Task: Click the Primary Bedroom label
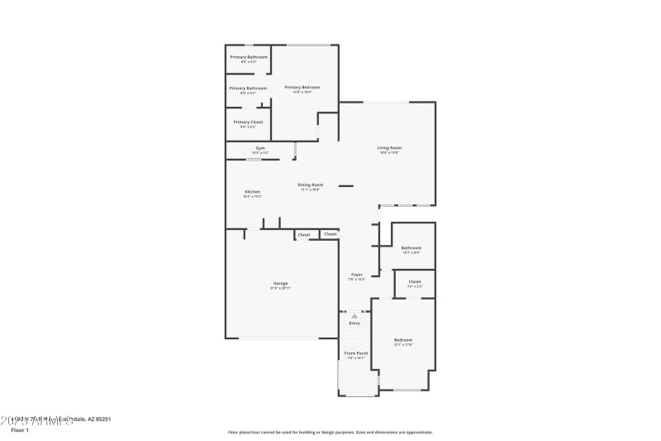pos(302,88)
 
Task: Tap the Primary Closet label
pos(248,122)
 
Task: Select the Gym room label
pos(260,149)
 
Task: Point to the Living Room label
pos(389,149)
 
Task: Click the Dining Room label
pos(311,185)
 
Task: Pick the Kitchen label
pos(252,193)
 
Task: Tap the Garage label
pos(279,285)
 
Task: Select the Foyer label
pos(357,275)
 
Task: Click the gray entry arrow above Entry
pos(354,316)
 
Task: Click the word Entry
pos(354,324)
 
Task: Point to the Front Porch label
pos(356,354)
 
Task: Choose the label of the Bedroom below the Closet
pos(403,341)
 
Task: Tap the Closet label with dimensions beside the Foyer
pos(415,282)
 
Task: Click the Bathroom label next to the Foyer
pos(411,248)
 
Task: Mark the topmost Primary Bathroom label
pos(249,58)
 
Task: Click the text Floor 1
pos(19,430)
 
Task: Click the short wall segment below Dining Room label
pos(346,186)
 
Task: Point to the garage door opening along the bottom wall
pos(278,338)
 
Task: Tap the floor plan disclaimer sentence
pos(330,432)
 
